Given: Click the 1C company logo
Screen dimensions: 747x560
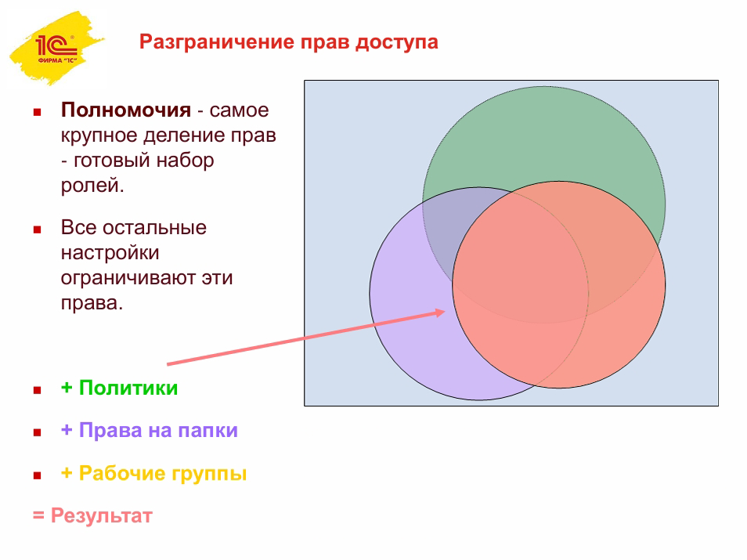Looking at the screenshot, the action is point(56,48).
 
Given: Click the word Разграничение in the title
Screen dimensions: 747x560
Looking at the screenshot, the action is point(217,42).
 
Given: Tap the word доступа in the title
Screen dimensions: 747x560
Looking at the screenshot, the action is point(396,42).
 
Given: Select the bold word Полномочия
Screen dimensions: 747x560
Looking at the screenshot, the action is point(126,110).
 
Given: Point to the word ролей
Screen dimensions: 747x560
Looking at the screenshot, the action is point(92,186).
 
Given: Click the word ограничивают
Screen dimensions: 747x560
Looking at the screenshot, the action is point(127,278).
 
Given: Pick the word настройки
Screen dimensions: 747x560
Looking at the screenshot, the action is point(110,253).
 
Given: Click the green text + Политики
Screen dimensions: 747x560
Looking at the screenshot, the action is point(119,388).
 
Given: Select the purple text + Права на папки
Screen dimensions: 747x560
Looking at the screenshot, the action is point(149,430).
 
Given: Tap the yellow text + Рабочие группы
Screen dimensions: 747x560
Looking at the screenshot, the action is point(154,473).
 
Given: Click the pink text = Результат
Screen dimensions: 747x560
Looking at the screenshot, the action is point(92,515).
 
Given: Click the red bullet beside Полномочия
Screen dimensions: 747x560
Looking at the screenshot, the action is point(37,113).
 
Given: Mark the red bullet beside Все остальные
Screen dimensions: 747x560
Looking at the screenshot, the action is point(37,229).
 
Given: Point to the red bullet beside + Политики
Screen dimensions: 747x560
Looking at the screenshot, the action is point(37,390).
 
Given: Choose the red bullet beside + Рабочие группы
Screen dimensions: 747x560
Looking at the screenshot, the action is point(37,475).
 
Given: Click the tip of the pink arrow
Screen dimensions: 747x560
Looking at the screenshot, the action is point(445,312).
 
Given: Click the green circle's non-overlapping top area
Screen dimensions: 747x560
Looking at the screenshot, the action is point(543,133).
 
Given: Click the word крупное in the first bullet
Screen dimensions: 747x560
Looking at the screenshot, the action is point(99,136).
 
